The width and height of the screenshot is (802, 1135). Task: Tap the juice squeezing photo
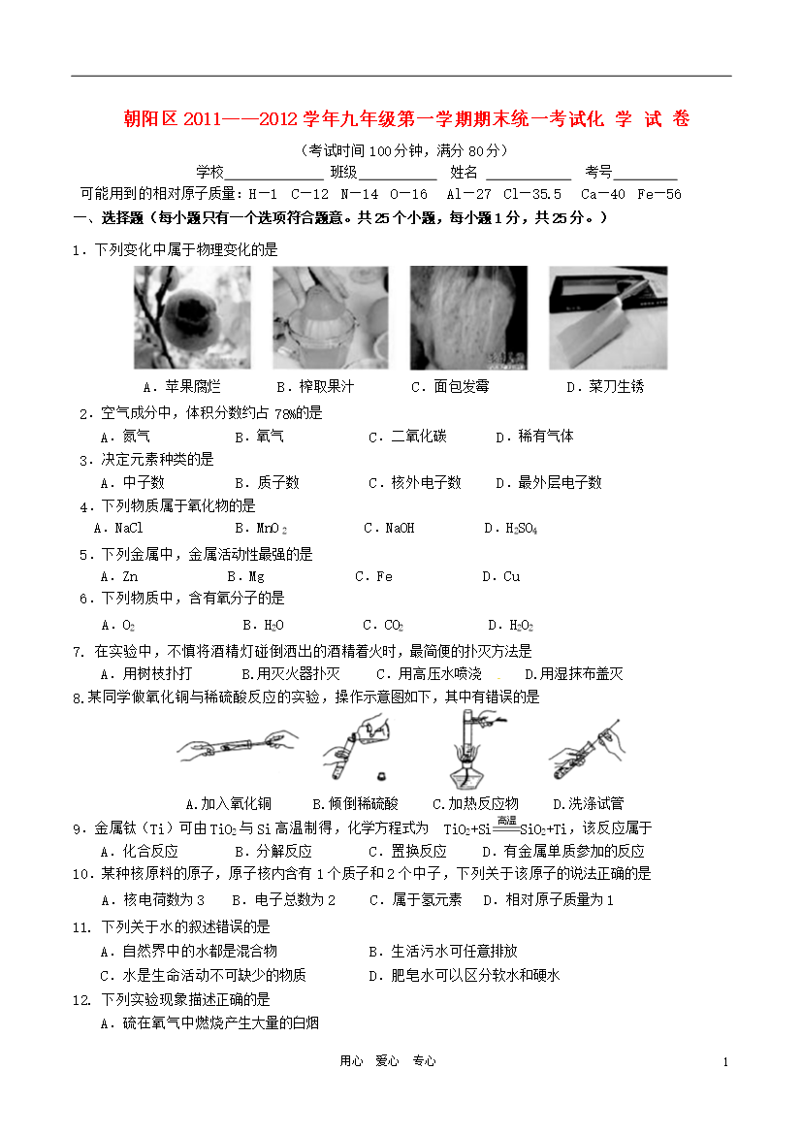330,317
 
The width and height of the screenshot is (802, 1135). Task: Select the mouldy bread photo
468,317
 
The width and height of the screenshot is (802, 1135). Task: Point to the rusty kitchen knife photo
608,317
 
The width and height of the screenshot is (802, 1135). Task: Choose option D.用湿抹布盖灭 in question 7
573,673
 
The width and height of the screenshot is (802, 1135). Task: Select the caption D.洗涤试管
588,803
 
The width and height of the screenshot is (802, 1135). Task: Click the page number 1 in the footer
724,1062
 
